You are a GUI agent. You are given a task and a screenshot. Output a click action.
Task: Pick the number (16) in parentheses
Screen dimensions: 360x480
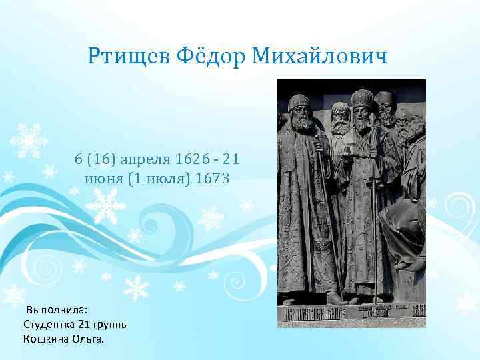[99, 160]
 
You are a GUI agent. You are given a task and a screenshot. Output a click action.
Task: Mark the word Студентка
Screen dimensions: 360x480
[49, 325]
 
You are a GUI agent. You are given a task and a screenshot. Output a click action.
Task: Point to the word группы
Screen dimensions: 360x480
[107, 325]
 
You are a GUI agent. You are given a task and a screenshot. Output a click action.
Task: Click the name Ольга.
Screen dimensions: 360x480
[89, 339]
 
